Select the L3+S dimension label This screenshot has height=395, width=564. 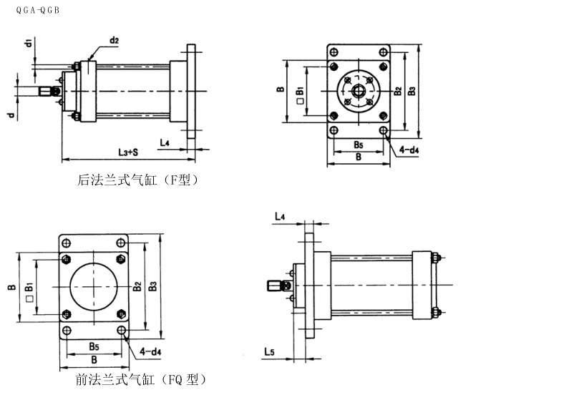pos(128,152)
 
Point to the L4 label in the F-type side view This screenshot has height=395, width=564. pos(164,142)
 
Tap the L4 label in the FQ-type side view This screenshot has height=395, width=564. pos(280,215)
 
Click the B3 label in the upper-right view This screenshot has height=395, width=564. pos(411,92)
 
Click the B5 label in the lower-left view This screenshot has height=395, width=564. pos(94,346)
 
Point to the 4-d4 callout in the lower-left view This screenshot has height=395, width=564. pos(150,351)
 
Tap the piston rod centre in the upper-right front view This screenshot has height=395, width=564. pos(359,91)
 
